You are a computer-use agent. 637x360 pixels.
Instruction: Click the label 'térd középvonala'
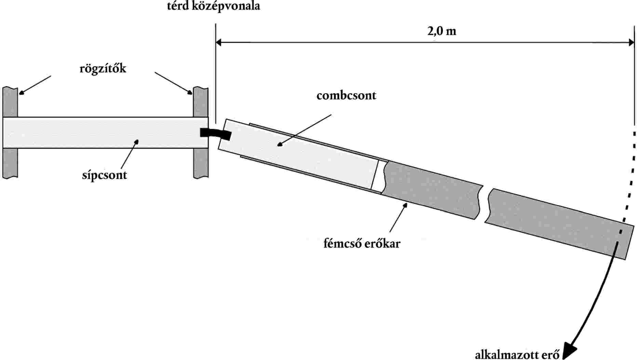(213, 6)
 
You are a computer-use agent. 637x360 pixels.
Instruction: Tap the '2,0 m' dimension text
(442, 31)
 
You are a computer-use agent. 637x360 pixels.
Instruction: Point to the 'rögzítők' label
(103, 68)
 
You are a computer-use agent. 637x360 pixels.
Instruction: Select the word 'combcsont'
(346, 95)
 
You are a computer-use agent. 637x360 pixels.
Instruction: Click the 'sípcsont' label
(104, 175)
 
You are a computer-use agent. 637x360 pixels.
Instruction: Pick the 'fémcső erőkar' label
(362, 244)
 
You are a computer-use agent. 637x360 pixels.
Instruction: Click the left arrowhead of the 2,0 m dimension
(219, 43)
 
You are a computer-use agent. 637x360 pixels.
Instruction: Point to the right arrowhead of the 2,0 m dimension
(631, 43)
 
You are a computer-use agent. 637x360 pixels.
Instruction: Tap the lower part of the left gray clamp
(10, 163)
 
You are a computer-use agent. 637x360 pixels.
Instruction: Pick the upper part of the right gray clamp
(201, 102)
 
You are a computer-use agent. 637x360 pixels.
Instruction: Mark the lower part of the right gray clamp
(201, 163)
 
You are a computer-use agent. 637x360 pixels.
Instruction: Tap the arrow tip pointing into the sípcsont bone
(137, 141)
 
